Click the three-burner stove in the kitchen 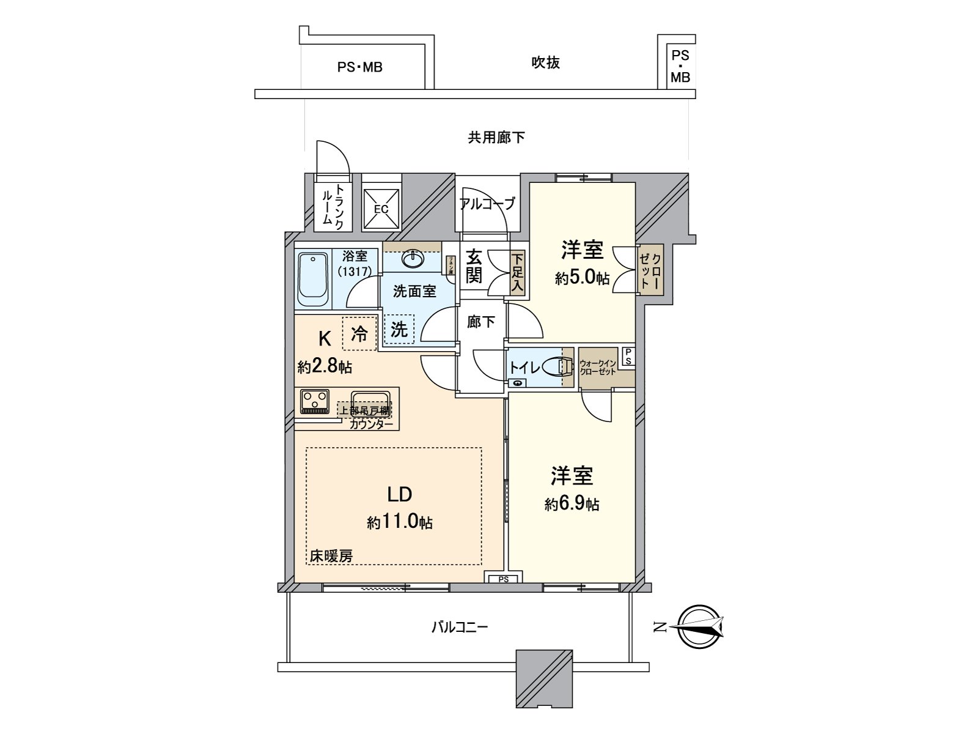pyautogui.click(x=315, y=401)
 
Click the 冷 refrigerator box pyautogui.click(x=359, y=333)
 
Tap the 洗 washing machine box pyautogui.click(x=399, y=330)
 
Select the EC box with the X pyautogui.click(x=381, y=208)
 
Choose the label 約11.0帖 pyautogui.click(x=400, y=522)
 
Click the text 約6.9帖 pyautogui.click(x=572, y=504)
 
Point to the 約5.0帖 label pyautogui.click(x=582, y=278)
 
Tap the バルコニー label pyautogui.click(x=460, y=627)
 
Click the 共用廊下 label pyautogui.click(x=496, y=138)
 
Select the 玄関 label pyautogui.click(x=474, y=265)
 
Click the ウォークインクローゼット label pyautogui.click(x=598, y=367)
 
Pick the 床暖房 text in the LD pyautogui.click(x=331, y=556)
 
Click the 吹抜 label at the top pyautogui.click(x=545, y=62)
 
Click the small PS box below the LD pyautogui.click(x=502, y=579)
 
